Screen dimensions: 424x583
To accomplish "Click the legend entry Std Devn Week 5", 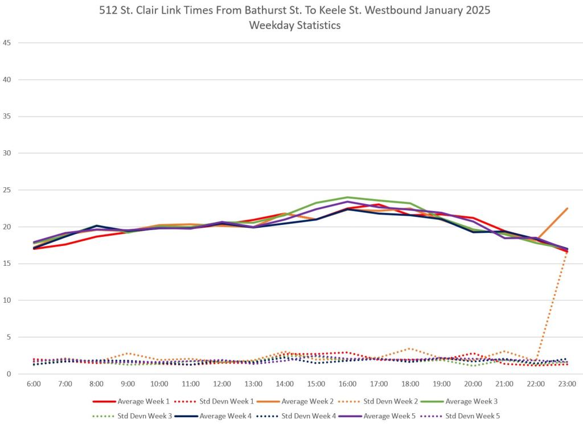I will tap(472, 416).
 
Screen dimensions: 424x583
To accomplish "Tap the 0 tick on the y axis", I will tap(9, 374).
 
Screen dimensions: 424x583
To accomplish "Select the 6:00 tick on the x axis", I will tap(34, 384).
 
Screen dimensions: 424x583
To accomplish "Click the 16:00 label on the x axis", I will tap(347, 384).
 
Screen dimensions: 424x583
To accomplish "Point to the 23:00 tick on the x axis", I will tap(567, 384).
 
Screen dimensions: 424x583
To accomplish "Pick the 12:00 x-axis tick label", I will tap(222, 384).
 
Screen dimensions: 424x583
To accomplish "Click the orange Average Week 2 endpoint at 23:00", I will tap(567, 208).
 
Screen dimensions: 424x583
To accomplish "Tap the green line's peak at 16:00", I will tap(347, 197).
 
